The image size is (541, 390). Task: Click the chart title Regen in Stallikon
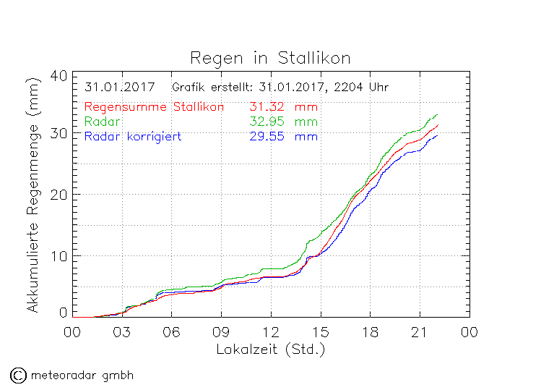[x=270, y=57]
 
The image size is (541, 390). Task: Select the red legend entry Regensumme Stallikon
[x=154, y=106]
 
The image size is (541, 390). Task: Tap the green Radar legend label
[x=104, y=121]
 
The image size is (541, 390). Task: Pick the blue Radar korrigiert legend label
[x=132, y=136]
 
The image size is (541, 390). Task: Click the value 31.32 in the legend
[x=265, y=106]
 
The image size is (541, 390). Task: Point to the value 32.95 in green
[x=265, y=121]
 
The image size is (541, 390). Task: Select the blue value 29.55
[x=265, y=136]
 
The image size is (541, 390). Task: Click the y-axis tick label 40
[x=59, y=76]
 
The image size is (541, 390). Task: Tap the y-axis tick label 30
[x=59, y=134]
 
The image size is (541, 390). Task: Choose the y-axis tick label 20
[x=59, y=195]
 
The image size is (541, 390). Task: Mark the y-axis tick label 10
[x=59, y=255]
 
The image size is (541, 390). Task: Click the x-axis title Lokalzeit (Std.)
[x=270, y=349]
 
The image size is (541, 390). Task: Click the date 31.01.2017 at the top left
[x=119, y=88]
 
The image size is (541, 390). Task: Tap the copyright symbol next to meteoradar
[x=18, y=375]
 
